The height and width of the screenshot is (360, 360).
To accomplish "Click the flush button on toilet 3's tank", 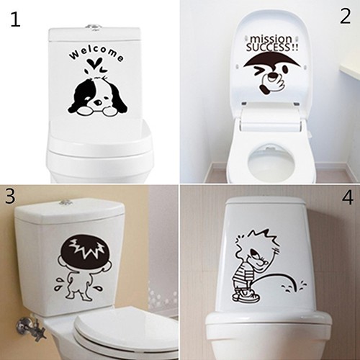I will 66,202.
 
